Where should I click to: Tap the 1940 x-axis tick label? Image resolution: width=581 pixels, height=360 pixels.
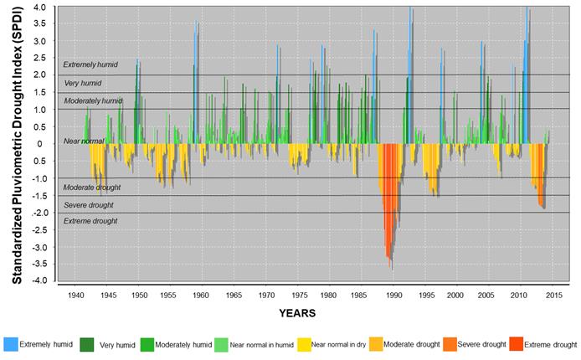75,296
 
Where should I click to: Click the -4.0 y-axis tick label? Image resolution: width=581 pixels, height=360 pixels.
39,280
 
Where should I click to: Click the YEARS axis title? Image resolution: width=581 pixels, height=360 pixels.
298,314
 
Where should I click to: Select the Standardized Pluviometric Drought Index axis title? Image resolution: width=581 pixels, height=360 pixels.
16,142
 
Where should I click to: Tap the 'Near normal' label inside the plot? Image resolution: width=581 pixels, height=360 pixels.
84,141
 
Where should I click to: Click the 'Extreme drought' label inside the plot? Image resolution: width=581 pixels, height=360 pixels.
90,221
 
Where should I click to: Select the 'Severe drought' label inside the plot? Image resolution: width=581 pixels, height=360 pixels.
89,205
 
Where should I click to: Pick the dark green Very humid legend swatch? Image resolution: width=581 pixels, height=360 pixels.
86,343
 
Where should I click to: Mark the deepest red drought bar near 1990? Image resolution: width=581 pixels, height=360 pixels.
392,265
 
